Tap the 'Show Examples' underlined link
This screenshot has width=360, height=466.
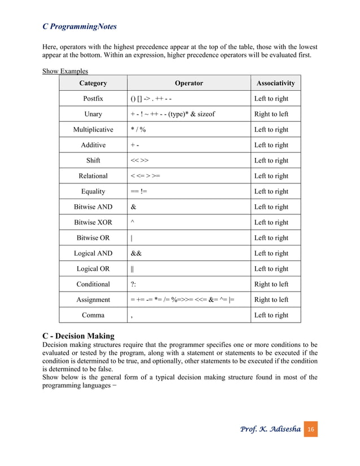pyautogui.click(x=65, y=71)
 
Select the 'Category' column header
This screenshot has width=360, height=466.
pyautogui.click(x=93, y=83)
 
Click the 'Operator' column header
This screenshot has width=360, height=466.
pyautogui.click(x=188, y=83)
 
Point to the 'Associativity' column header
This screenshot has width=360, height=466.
pyautogui.click(x=275, y=83)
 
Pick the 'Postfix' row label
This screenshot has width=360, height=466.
pyautogui.click(x=93, y=99)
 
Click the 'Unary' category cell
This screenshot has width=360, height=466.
pyautogui.click(x=93, y=114)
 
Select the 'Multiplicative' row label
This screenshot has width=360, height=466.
pyautogui.click(x=93, y=130)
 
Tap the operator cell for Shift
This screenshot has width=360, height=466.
pyautogui.click(x=139, y=161)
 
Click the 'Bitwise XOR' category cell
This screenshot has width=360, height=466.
pyautogui.click(x=93, y=222)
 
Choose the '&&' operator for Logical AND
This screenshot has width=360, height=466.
pyautogui.click(x=136, y=253)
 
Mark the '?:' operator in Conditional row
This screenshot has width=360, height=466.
pyautogui.click(x=133, y=284)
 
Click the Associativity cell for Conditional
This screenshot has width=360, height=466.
pyautogui.click(x=271, y=284)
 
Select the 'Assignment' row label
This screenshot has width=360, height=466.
pyautogui.click(x=93, y=300)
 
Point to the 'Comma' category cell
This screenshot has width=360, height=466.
pyautogui.click(x=93, y=315)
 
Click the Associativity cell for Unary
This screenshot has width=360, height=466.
pyautogui.click(x=271, y=114)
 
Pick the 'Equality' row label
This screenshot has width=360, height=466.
pyautogui.click(x=93, y=191)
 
